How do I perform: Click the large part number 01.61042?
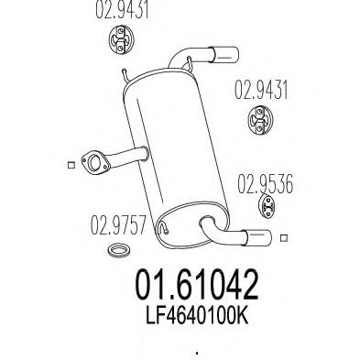[x=197, y=285]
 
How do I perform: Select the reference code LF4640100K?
[x=197, y=316]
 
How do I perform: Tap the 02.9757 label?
[x=118, y=225]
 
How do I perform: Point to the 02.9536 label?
[x=265, y=183]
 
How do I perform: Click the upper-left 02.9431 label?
[x=122, y=10]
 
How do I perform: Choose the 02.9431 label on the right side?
[x=261, y=90]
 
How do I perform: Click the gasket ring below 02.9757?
[x=119, y=250]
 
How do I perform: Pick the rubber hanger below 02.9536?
[x=267, y=207]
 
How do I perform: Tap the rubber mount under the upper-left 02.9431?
[x=121, y=40]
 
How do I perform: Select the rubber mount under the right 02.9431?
[x=260, y=120]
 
